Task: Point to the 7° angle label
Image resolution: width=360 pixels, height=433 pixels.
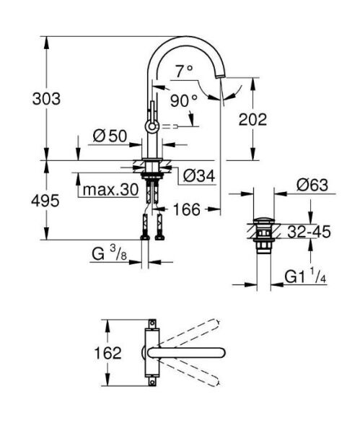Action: tap(184, 71)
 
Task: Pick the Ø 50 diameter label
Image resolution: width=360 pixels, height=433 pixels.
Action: tap(110, 134)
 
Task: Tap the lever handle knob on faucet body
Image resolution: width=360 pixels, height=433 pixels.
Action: tap(151, 126)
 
